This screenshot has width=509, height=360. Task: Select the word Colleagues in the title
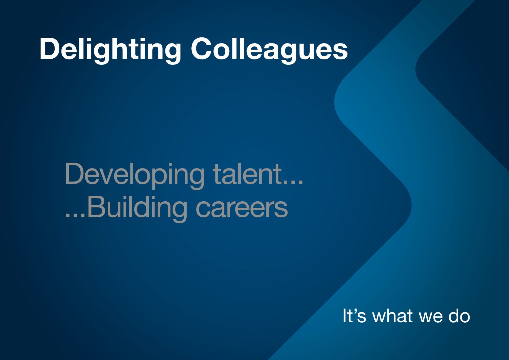click(269, 50)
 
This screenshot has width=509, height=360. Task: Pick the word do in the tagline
click(459, 316)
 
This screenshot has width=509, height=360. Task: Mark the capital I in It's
click(344, 316)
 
